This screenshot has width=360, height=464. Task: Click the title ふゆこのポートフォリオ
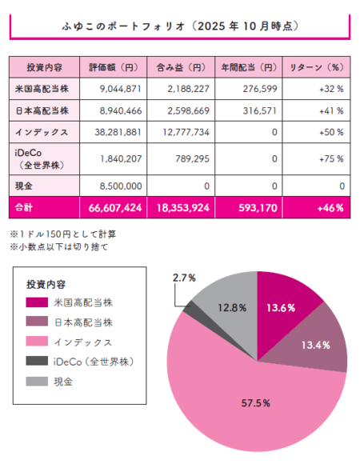click(x=179, y=26)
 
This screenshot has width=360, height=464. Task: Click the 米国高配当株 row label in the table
click(x=41, y=87)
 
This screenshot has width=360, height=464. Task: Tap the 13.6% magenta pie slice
click(x=288, y=308)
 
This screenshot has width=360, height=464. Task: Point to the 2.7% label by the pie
click(x=182, y=277)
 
